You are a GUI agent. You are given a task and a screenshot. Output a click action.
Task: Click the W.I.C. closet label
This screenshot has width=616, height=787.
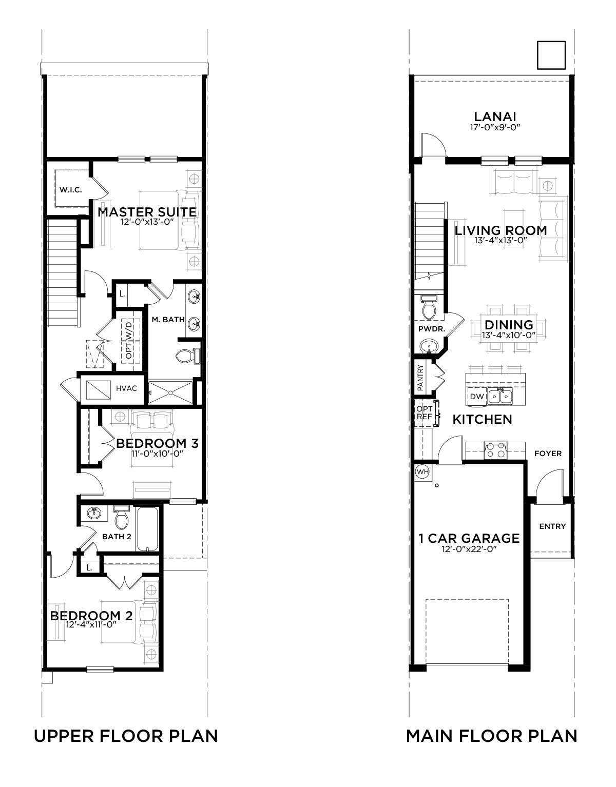pyautogui.click(x=71, y=190)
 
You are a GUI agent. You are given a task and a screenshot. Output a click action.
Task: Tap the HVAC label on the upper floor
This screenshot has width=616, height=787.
pyautogui.click(x=126, y=388)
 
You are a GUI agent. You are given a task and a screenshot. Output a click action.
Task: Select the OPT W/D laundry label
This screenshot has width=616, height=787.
pyautogui.click(x=129, y=339)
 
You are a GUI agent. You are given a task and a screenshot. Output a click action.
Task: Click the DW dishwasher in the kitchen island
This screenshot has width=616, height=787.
pyautogui.click(x=477, y=397)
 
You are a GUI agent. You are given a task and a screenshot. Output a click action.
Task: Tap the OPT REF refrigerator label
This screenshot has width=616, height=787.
pyautogui.click(x=425, y=413)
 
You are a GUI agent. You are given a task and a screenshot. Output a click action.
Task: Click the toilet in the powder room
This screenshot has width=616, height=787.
pyautogui.click(x=429, y=308)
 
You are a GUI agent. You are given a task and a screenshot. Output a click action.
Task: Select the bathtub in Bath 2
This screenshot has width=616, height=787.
pyautogui.click(x=147, y=529)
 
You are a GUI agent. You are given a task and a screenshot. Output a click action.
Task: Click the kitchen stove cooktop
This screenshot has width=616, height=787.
pyautogui.click(x=495, y=450)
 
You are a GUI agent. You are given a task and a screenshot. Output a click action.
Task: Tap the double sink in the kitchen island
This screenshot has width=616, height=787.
pyautogui.click(x=499, y=397)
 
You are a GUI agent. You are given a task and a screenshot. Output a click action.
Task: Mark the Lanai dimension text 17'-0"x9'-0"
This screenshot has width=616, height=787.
pyautogui.click(x=495, y=127)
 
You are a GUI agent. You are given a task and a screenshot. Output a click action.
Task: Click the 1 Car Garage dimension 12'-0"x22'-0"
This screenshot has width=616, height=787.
pyautogui.click(x=469, y=549)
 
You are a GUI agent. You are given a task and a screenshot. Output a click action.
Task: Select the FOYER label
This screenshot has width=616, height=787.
pyautogui.click(x=548, y=454)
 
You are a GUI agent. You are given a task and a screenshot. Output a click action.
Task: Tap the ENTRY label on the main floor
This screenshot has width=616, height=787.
pyautogui.click(x=552, y=526)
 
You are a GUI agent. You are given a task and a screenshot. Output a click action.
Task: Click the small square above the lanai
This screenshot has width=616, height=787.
pyautogui.click(x=551, y=55)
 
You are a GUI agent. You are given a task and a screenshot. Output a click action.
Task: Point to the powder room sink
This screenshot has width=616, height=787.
pyautogui.click(x=430, y=345)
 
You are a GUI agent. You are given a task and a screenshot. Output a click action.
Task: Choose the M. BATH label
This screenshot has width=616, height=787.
pyautogui.click(x=168, y=320)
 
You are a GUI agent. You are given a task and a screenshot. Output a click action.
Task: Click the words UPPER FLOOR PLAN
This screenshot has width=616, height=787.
pyautogui.click(x=126, y=736)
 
